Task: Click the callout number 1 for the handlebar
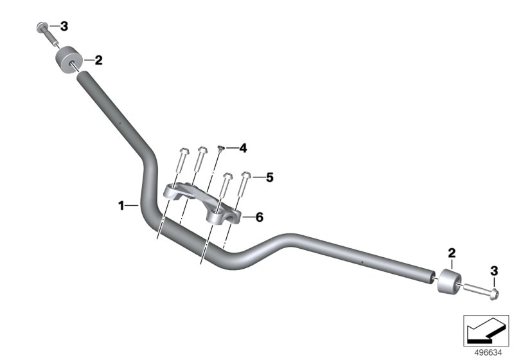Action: tap(121, 206)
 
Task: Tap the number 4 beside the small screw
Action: tap(243, 148)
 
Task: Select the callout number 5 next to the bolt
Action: tap(269, 177)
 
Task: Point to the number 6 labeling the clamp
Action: tap(260, 217)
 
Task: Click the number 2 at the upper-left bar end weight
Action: tap(98, 60)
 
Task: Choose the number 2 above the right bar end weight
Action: tap(452, 253)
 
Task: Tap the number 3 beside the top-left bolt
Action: tap(64, 26)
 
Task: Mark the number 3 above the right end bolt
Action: tap(494, 271)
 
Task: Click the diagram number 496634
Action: tap(488, 353)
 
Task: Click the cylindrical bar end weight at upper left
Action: tap(68, 60)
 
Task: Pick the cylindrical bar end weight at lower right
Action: tap(449, 282)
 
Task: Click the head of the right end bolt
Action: tap(493, 294)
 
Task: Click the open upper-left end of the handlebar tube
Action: tap(83, 76)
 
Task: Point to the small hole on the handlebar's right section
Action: tap(361, 262)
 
